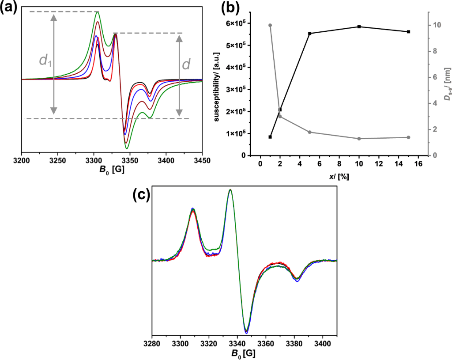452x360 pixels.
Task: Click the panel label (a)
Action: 9,8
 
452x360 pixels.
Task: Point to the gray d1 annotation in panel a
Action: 45,61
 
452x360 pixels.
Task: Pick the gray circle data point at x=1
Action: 270,25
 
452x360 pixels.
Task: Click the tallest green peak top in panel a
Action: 98,12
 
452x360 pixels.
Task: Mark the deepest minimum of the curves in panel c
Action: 246,332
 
